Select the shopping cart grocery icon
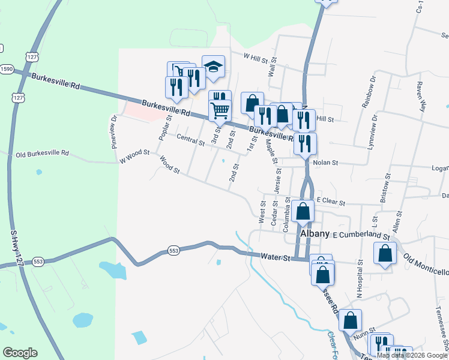[x=220, y=111]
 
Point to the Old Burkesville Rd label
[x=43, y=154]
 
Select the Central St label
[x=191, y=140]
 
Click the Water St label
[x=276, y=257]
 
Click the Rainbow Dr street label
[x=368, y=91]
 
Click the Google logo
[x=20, y=353]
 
